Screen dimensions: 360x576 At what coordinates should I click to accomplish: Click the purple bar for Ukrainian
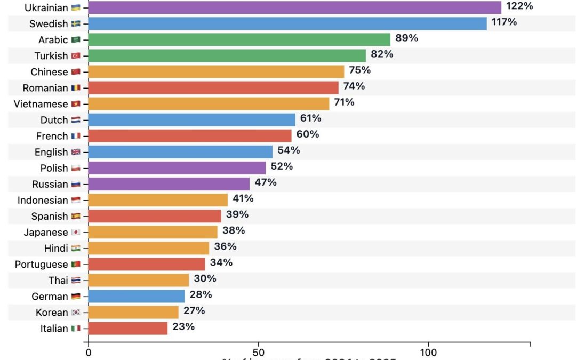(294, 7)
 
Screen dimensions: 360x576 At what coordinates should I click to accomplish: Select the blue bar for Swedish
(287, 23)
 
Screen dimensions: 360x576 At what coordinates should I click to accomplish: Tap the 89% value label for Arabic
(406, 38)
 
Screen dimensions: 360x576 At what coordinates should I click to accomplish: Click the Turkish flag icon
(76, 56)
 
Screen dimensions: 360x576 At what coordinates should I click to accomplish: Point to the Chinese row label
(49, 72)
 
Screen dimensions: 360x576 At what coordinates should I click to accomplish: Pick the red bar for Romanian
(213, 87)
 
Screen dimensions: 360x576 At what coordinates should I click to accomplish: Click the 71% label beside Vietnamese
(344, 102)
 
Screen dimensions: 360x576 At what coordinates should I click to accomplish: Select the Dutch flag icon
(76, 120)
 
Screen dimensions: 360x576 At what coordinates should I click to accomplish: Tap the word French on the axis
(52, 136)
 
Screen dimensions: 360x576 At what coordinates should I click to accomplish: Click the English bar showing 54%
(180, 151)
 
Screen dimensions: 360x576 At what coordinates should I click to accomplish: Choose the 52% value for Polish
(282, 166)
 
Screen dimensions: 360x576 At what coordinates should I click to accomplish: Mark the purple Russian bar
(169, 184)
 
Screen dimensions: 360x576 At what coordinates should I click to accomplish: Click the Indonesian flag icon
(76, 201)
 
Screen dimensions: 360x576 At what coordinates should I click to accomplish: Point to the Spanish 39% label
(237, 214)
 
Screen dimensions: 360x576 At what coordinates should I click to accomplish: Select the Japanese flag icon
(76, 233)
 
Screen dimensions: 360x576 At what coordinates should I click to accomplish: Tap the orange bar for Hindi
(148, 248)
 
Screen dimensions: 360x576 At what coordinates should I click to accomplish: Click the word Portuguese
(41, 265)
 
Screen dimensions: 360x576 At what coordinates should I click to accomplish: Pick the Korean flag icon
(76, 313)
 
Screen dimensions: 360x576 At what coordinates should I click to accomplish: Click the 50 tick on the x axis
(259, 353)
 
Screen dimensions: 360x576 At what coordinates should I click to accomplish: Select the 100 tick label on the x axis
(428, 353)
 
